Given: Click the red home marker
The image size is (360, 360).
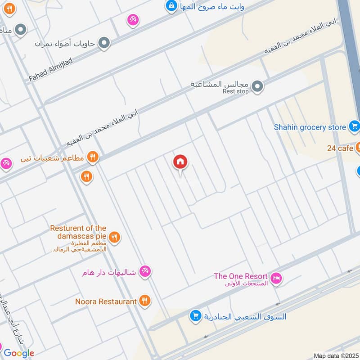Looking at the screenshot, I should pyautogui.click(x=180, y=162).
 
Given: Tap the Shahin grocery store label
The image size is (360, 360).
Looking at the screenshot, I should pyautogui.click(x=310, y=127).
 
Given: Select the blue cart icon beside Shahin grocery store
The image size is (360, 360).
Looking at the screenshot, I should pyautogui.click(x=354, y=127).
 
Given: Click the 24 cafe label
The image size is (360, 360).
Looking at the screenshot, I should pyautogui.click(x=340, y=148).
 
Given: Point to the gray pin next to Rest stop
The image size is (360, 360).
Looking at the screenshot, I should pyautogui.click(x=257, y=86).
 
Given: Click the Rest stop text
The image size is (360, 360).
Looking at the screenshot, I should pyautogui.click(x=235, y=91).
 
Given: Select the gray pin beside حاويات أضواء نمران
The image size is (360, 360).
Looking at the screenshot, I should pyautogui.click(x=104, y=43).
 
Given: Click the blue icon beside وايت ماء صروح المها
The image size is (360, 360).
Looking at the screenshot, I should pyautogui.click(x=171, y=6).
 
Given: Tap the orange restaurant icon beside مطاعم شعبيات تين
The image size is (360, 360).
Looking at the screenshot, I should pyautogui.click(x=93, y=157).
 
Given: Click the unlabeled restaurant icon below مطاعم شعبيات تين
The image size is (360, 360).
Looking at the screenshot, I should pyautogui.click(x=87, y=176).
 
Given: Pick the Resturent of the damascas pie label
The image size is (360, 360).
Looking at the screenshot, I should pyautogui.click(x=78, y=232).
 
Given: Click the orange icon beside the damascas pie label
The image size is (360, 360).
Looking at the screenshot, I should pyautogui.click(x=115, y=237).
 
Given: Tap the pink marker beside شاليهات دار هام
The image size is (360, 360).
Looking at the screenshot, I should pyautogui.click(x=145, y=271).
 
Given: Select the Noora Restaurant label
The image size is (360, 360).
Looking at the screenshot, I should pyautogui.click(x=106, y=301).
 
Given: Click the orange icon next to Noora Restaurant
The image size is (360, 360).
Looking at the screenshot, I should pyautogui.click(x=144, y=301).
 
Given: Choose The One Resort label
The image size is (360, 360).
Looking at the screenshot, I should pyautogui.click(x=241, y=276).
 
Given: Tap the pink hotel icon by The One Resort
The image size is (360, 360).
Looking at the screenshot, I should pyautogui.click(x=276, y=278).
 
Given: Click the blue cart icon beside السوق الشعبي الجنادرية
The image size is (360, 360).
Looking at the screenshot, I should pyautogui.click(x=195, y=316).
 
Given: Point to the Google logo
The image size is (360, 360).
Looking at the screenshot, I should pyautogui.click(x=18, y=353).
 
